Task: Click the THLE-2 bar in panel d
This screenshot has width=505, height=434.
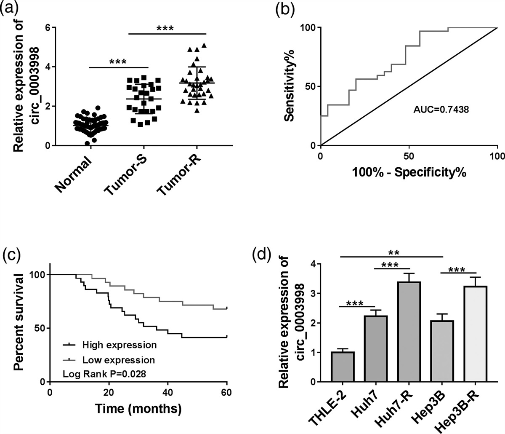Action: coord(343,367)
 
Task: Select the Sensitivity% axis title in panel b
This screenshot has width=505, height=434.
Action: coord(289,87)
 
